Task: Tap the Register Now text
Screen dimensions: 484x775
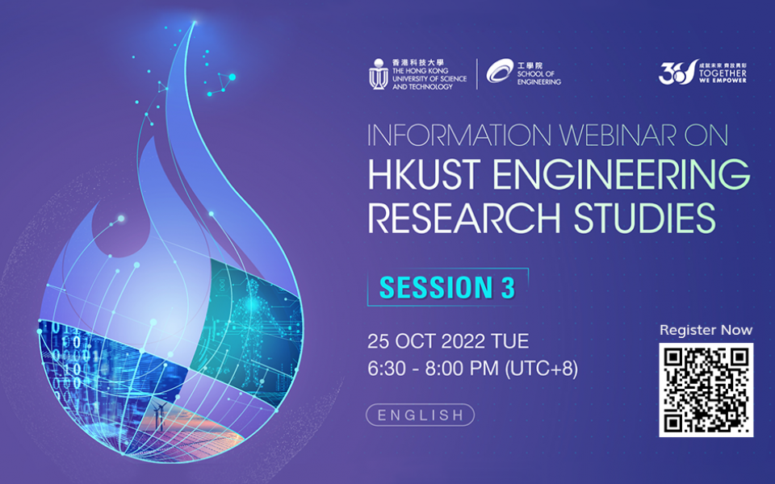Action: [706, 330]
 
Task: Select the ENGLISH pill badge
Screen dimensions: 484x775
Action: [420, 415]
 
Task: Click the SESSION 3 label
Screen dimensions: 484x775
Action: [447, 288]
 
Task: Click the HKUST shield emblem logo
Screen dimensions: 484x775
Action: [378, 73]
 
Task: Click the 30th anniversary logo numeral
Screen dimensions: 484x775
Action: [673, 73]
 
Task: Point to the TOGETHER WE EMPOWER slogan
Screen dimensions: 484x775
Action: [725, 76]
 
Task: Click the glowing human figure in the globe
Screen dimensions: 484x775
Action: [266, 315]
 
